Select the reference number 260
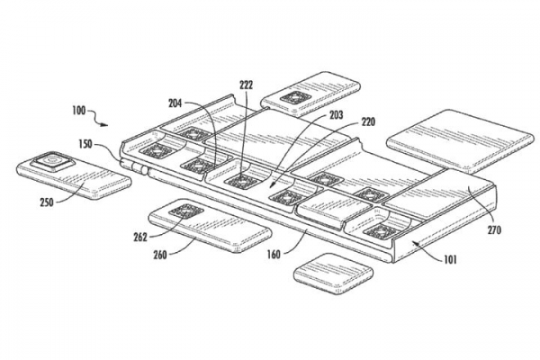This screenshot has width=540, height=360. click(x=158, y=255)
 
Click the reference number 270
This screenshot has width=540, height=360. click(x=493, y=229)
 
